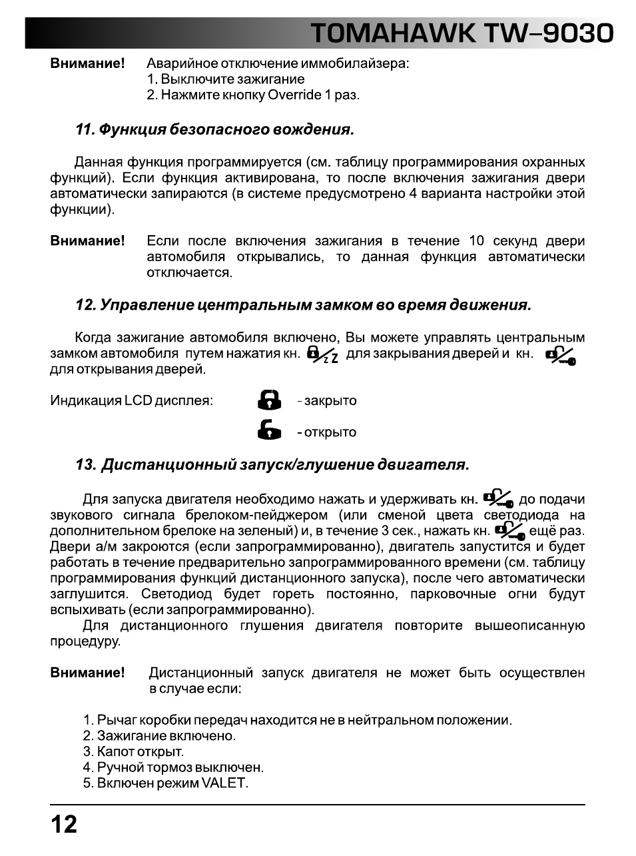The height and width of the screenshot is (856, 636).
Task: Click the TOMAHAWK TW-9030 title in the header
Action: coord(462,33)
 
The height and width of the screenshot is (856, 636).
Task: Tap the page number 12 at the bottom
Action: coord(64,825)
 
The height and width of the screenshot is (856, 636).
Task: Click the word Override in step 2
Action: coord(294,95)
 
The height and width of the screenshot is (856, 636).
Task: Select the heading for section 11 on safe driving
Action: coord(214,129)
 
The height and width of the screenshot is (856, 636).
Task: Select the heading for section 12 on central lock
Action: coord(303,306)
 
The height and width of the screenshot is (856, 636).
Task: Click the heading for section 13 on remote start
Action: coord(272,465)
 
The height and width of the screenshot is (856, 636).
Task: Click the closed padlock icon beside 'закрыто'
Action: coord(269,400)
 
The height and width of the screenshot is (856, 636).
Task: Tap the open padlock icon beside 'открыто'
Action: coord(269,430)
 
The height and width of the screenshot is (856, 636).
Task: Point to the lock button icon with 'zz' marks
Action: coord(322,354)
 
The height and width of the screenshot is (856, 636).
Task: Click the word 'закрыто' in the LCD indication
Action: coord(330,401)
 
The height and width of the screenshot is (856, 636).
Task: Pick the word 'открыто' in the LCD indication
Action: coord(330,432)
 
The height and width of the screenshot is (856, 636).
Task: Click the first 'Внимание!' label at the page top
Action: coord(87,64)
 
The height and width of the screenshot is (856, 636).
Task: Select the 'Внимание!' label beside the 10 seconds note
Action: coord(87,241)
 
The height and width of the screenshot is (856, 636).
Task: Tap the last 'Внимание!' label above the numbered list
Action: coord(87,673)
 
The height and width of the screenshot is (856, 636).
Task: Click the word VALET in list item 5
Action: coord(228,783)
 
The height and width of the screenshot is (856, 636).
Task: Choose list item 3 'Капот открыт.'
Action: coord(133,752)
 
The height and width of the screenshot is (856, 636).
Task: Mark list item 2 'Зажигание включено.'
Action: coord(159,736)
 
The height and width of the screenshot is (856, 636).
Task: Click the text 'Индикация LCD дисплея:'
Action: coord(131,401)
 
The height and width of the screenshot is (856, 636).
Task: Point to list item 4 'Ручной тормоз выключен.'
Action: coord(173,767)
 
